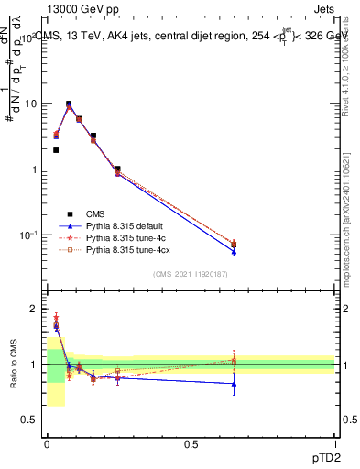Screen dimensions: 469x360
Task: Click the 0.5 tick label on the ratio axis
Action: click(29, 420)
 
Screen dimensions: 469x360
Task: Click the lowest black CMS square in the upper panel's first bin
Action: click(56, 150)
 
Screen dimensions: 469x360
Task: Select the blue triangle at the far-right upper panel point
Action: click(234, 252)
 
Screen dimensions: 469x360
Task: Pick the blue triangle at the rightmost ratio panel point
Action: click(234, 384)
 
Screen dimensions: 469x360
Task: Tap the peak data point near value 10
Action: click(69, 104)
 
